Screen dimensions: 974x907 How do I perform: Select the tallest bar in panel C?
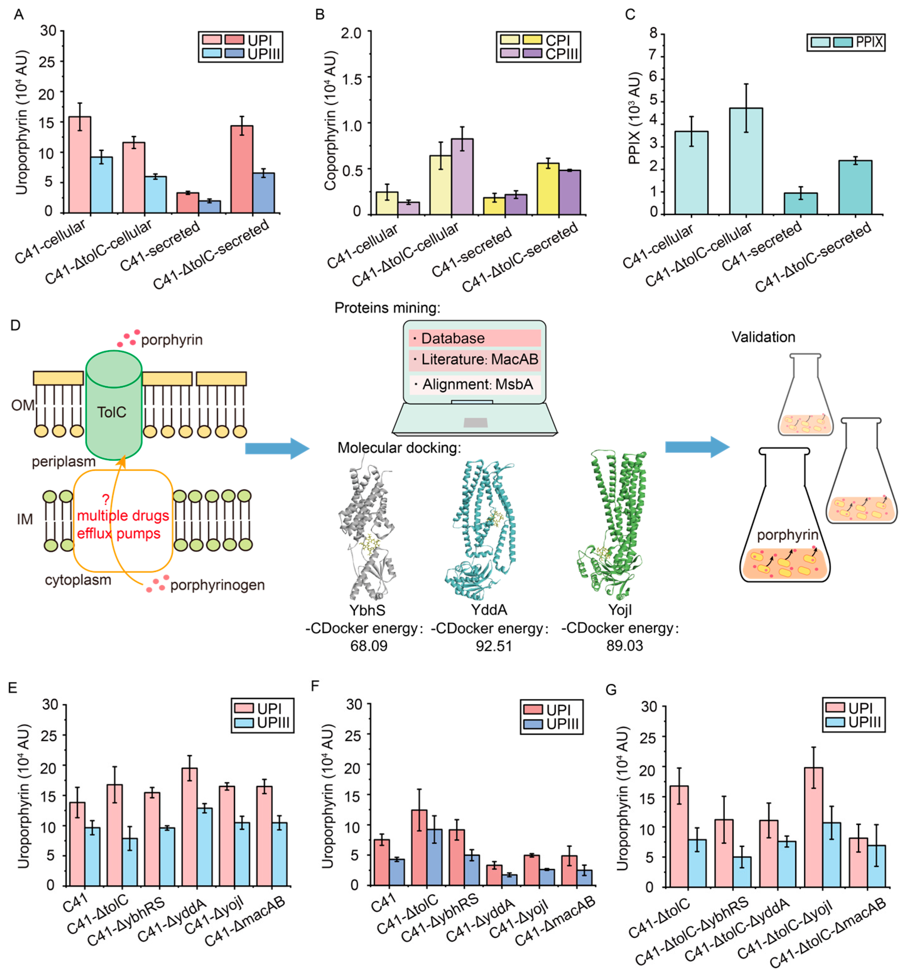click(745, 162)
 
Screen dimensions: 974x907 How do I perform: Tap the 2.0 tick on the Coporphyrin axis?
click(351, 33)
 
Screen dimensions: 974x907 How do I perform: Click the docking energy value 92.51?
click(494, 646)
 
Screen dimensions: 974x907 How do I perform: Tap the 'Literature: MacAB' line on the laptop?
click(474, 360)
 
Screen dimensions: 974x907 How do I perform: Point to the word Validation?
click(763, 337)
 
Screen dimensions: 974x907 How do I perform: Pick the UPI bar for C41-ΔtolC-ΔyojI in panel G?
click(813, 828)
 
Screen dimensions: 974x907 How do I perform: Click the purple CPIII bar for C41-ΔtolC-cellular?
click(462, 176)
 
